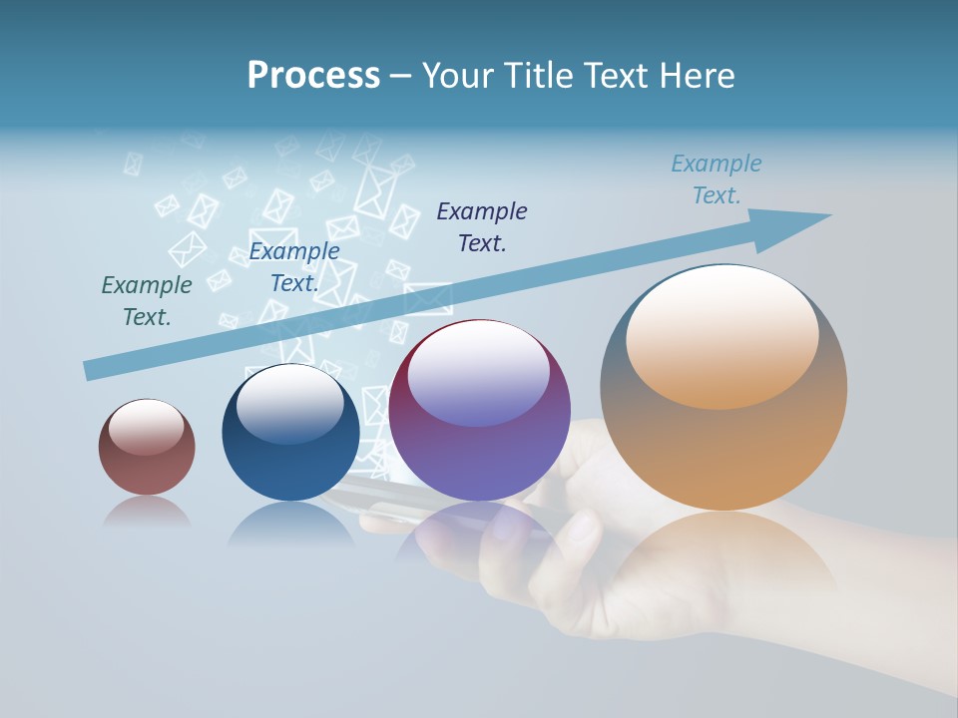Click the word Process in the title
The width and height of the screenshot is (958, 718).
pyautogui.click(x=313, y=75)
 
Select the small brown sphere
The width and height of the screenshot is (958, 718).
pyautogui.click(x=147, y=447)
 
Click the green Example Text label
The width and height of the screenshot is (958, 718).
pyautogui.click(x=147, y=300)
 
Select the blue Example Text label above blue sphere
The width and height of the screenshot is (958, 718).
pyautogui.click(x=293, y=267)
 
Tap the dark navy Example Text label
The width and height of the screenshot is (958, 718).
pyautogui.click(x=482, y=226)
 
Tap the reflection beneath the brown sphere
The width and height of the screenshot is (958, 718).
pyautogui.click(x=147, y=512)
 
